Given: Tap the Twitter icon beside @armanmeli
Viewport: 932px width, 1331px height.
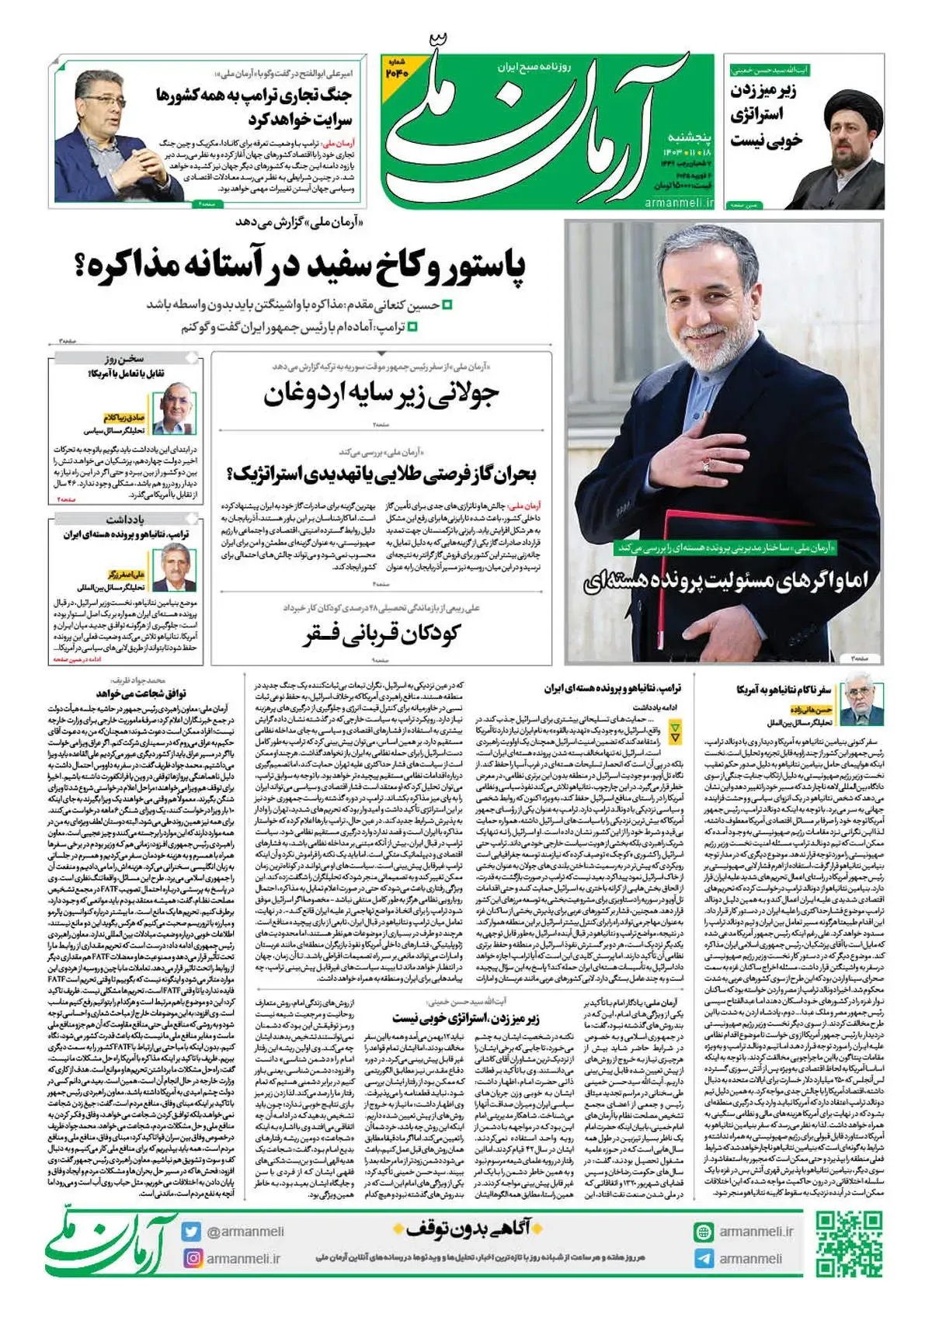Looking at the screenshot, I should (x=192, y=1232).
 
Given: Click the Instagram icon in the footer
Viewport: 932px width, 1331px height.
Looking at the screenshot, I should (x=192, y=1258).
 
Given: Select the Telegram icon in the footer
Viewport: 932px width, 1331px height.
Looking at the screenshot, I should (x=704, y=1259).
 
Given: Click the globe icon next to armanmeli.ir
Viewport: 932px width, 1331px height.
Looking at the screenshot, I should (x=704, y=1232).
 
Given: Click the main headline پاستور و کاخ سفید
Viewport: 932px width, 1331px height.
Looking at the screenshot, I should (x=300, y=266).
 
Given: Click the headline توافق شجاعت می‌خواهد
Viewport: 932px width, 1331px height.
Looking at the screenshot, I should (x=141, y=693).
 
